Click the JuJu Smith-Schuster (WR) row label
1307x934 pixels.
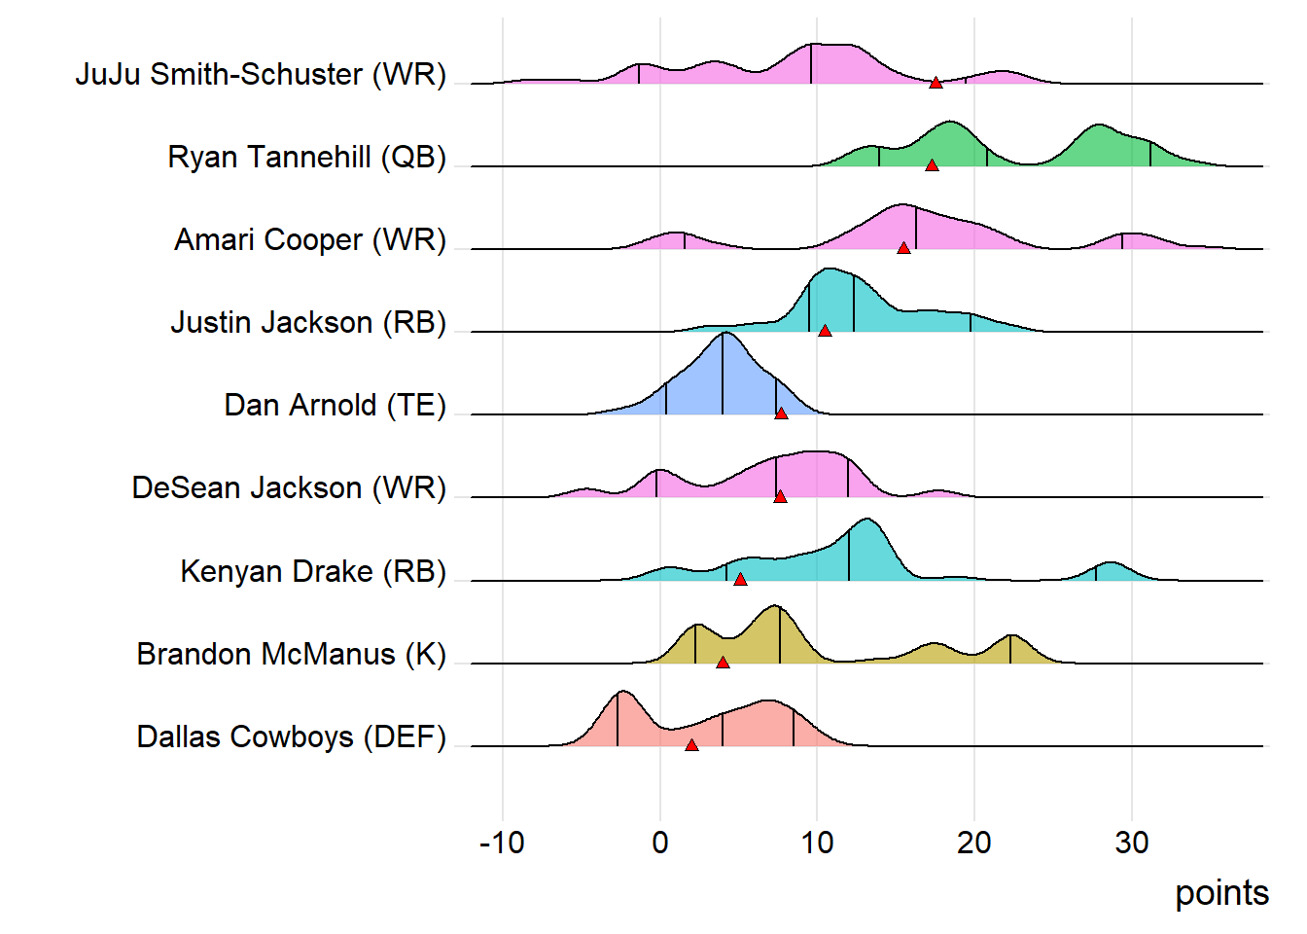point(261,74)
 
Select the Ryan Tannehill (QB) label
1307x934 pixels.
point(306,157)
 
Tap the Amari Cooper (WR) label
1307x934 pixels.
point(310,239)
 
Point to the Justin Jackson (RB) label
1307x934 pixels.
point(308,322)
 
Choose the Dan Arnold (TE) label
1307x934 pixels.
point(335,405)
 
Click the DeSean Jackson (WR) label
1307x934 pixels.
point(289,487)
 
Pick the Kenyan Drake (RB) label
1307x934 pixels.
point(313,571)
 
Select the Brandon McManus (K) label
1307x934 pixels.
point(291,654)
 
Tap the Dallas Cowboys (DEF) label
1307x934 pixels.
point(291,736)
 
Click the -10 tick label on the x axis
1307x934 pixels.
point(502,843)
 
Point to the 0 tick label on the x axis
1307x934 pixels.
point(660,843)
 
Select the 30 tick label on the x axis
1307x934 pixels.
point(1132,843)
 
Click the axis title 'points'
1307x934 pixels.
point(1221,893)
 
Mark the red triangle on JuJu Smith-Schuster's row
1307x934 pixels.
point(936,84)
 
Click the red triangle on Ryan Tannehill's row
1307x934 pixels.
point(932,166)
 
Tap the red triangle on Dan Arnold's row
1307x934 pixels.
point(781,414)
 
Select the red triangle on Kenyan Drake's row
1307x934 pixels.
point(740,580)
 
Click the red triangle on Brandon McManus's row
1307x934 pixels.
point(723,663)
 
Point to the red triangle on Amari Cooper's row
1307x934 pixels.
point(903,249)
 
